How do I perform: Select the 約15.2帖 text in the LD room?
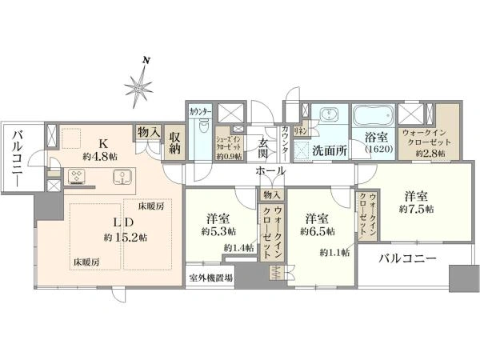[x=125, y=238]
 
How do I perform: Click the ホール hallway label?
[x=270, y=172]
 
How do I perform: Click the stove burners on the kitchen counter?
[x=80, y=176]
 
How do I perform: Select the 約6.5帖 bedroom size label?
[x=317, y=231]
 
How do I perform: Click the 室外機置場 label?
[x=211, y=278]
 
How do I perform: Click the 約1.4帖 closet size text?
[x=238, y=249]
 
